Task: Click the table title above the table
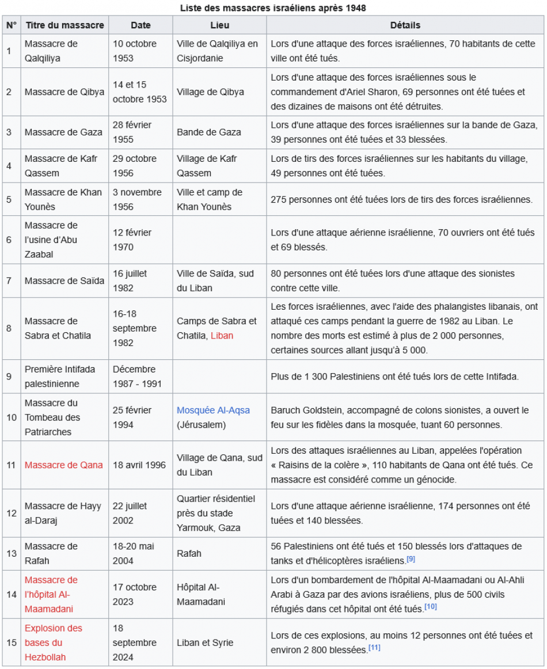tap(273, 8)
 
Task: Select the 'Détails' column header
tap(405, 25)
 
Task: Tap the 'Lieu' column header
tap(219, 25)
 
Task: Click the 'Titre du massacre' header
tap(64, 25)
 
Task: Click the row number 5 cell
tap(9, 200)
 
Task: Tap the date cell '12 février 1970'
tap(133, 240)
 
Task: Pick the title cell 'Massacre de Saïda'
tap(64, 280)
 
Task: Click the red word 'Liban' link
tap(222, 336)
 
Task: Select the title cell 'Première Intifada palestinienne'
tap(60, 377)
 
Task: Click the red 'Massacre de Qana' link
tap(64, 465)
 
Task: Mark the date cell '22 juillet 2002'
tap(130, 513)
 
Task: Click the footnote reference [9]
tap(411, 559)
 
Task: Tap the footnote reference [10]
tap(430, 607)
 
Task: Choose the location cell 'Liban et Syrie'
tap(204, 643)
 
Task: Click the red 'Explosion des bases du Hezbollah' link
tap(53, 643)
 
